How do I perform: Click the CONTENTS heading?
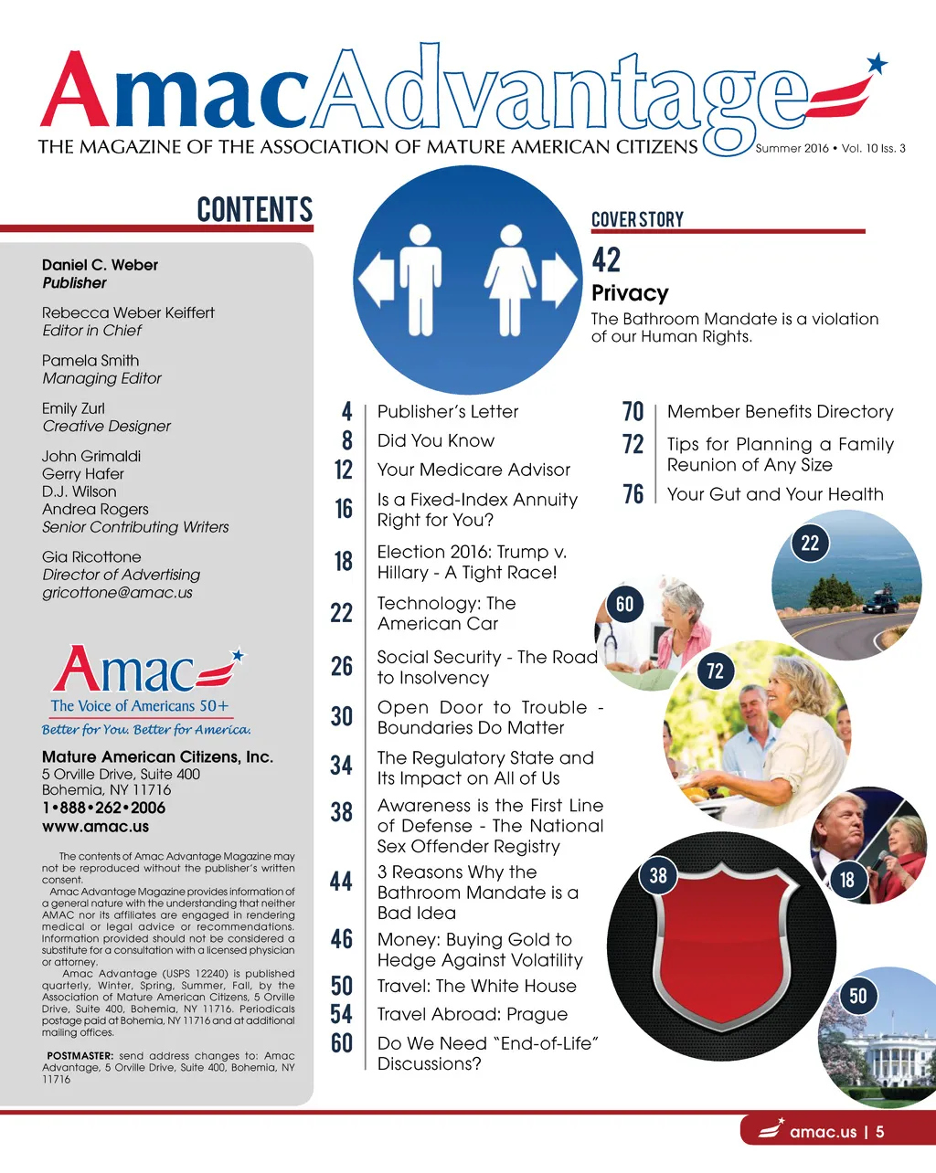coord(255,209)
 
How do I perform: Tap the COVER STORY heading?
coord(637,219)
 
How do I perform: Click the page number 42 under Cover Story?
coord(606,260)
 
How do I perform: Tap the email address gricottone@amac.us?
coord(117,592)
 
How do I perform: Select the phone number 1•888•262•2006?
coord(103,808)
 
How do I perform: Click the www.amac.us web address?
coord(95,826)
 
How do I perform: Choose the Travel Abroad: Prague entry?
coord(472,1014)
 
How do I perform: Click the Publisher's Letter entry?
coord(448,412)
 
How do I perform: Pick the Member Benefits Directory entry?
coord(780,412)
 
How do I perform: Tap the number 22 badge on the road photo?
coord(810,544)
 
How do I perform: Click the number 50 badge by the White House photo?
coord(857,996)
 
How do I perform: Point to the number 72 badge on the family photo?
coord(715,671)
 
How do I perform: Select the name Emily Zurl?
coord(73,408)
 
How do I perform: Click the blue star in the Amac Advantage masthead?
coord(877,63)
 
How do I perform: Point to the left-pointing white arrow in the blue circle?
coord(376,279)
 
